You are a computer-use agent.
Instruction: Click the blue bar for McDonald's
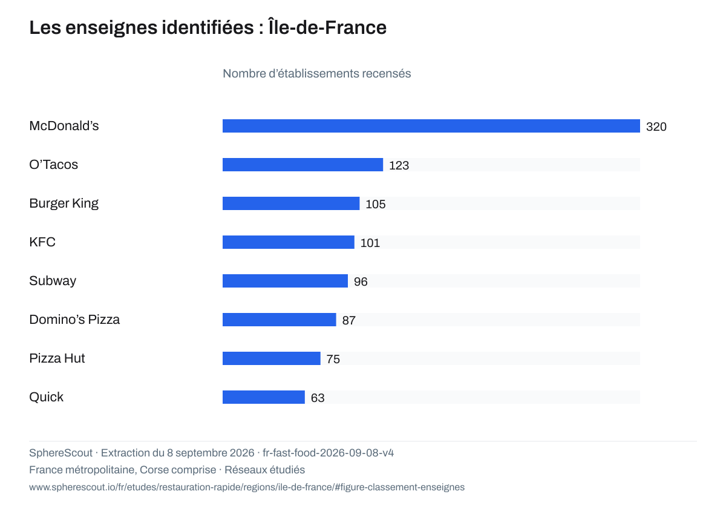[x=431, y=126]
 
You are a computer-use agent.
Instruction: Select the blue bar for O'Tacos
[x=302, y=165]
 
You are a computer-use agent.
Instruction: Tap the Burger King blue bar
[x=291, y=203]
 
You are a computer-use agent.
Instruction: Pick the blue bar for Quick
[x=264, y=397]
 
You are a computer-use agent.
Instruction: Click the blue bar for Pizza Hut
[x=271, y=358]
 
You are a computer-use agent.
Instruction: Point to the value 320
[x=656, y=127]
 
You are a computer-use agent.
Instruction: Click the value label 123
[x=399, y=165]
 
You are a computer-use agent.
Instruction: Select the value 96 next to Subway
[x=361, y=281]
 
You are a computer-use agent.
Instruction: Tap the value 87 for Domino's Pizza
[x=348, y=320]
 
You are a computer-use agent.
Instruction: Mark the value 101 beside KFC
[x=370, y=243]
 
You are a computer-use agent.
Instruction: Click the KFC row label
[x=42, y=242]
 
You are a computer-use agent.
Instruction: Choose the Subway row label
[x=53, y=281]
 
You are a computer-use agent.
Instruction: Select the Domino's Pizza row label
[x=74, y=320]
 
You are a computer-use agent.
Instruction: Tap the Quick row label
[x=47, y=397]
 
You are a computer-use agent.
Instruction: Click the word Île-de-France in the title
[x=327, y=27]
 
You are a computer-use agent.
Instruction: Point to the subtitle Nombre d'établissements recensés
[x=316, y=74]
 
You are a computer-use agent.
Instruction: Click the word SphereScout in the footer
[x=60, y=453]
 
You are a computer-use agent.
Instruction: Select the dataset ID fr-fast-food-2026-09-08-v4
[x=328, y=453]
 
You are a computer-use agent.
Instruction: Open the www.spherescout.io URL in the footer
[x=247, y=487]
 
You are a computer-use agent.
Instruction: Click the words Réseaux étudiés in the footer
[x=264, y=470]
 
